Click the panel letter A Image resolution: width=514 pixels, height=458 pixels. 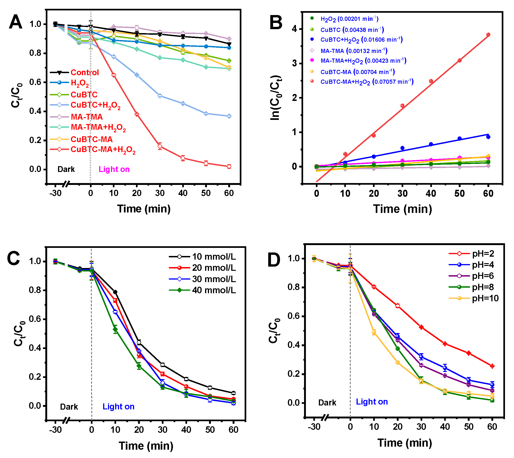pyautogui.click(x=15, y=22)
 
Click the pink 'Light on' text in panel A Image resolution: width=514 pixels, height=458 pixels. pyautogui.click(x=114, y=169)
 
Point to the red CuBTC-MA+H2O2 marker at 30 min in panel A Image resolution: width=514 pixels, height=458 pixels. pyautogui.click(x=160, y=146)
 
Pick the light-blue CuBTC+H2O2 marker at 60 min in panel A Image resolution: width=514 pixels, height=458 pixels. pyautogui.click(x=229, y=116)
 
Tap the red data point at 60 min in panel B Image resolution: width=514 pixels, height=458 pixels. pyautogui.click(x=488, y=35)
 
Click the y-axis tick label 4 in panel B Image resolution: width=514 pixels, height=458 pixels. pyautogui.click(x=294, y=29)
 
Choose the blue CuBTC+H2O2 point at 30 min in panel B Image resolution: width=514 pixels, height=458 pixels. pyautogui.click(x=402, y=148)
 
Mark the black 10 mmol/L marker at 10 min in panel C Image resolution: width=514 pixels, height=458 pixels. pyautogui.click(x=115, y=292)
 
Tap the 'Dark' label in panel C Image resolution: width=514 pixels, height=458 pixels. pyautogui.click(x=69, y=407)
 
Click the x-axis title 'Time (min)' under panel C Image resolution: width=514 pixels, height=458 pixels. pyautogui.click(x=146, y=446)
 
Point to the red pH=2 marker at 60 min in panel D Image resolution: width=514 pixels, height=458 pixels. pyautogui.click(x=492, y=366)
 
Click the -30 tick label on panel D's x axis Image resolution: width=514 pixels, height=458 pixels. pyautogui.click(x=314, y=427)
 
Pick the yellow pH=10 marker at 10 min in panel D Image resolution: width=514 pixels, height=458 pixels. pyautogui.click(x=374, y=332)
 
